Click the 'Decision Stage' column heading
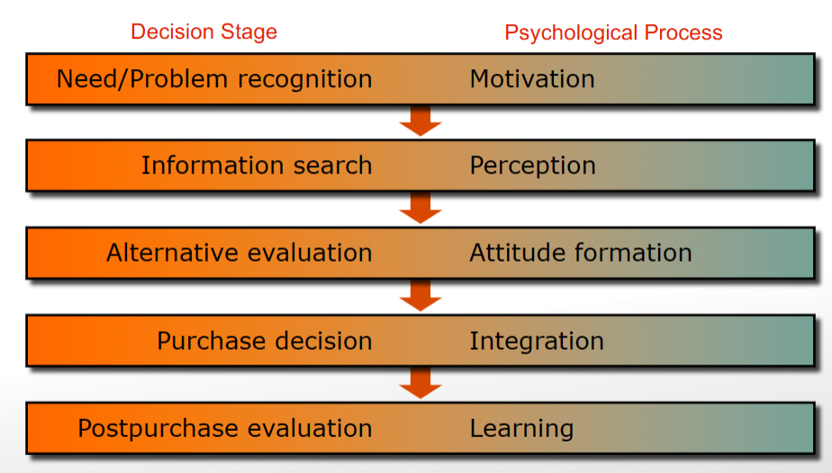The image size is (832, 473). click(x=203, y=32)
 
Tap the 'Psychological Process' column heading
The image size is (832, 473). click(x=613, y=33)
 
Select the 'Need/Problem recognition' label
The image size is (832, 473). click(x=214, y=79)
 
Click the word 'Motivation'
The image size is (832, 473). click(x=532, y=79)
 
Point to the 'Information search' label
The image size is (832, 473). click(x=257, y=165)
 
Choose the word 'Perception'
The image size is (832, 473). click(x=532, y=165)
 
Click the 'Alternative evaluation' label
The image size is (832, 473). click(x=240, y=253)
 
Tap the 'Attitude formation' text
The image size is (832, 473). click(x=581, y=253)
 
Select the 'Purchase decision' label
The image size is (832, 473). click(x=265, y=341)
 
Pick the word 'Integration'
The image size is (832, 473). click(x=537, y=341)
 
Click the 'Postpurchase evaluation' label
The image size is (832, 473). click(x=225, y=428)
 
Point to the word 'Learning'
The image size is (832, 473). click(x=521, y=428)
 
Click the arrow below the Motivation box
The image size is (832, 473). click(x=421, y=120)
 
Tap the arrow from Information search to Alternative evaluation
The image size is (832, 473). click(x=421, y=208)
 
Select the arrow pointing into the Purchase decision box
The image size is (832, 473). click(x=421, y=295)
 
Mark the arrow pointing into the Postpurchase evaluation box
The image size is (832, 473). click(x=421, y=383)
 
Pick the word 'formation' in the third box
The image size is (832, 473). click(x=636, y=253)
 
